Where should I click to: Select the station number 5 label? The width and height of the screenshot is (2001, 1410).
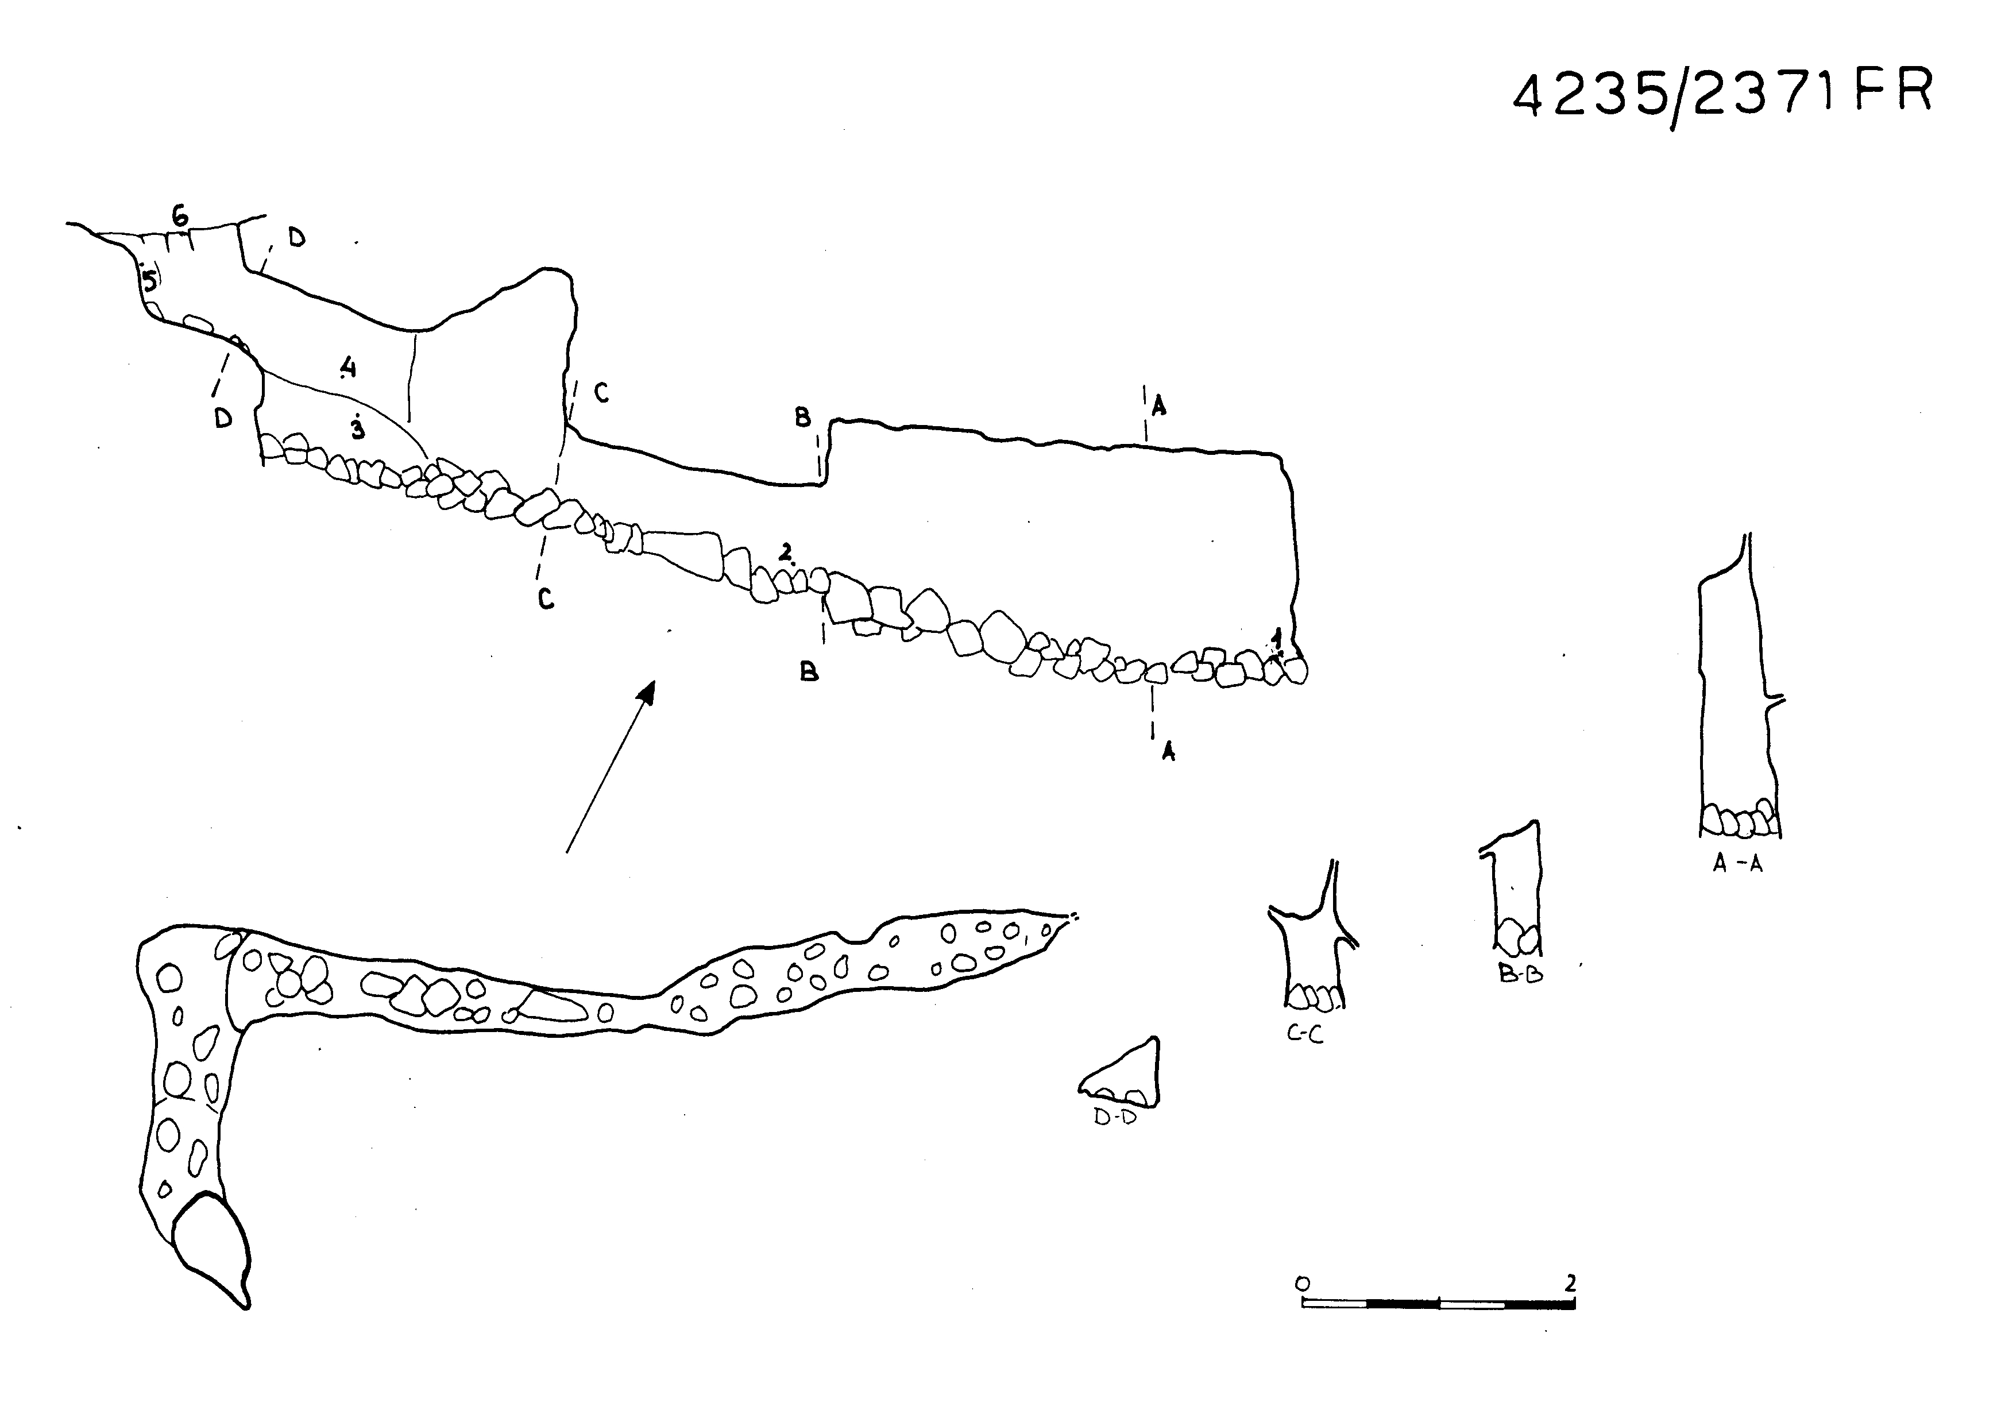pyautogui.click(x=150, y=281)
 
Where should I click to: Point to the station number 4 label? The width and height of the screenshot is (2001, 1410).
pyautogui.click(x=347, y=367)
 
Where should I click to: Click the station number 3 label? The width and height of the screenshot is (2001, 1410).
pyautogui.click(x=357, y=429)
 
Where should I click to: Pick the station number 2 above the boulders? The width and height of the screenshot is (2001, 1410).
pyautogui.click(x=786, y=551)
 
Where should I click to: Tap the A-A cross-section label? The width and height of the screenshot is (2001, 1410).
pyautogui.click(x=1737, y=864)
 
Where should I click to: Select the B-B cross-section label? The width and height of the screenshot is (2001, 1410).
pyautogui.click(x=1521, y=974)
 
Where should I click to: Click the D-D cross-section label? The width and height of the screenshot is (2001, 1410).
pyautogui.click(x=1115, y=1118)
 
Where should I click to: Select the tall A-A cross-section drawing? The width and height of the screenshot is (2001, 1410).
pyautogui.click(x=1737, y=697)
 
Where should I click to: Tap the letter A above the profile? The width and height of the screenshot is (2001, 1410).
pyautogui.click(x=1158, y=405)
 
